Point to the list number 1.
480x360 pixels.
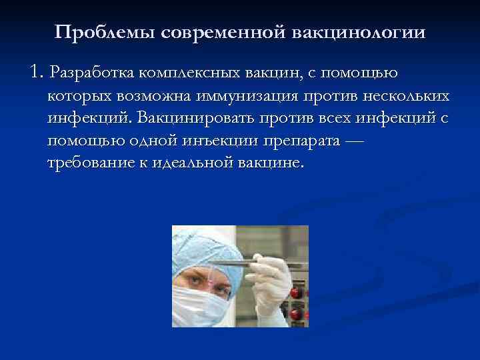click(x=36, y=71)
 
